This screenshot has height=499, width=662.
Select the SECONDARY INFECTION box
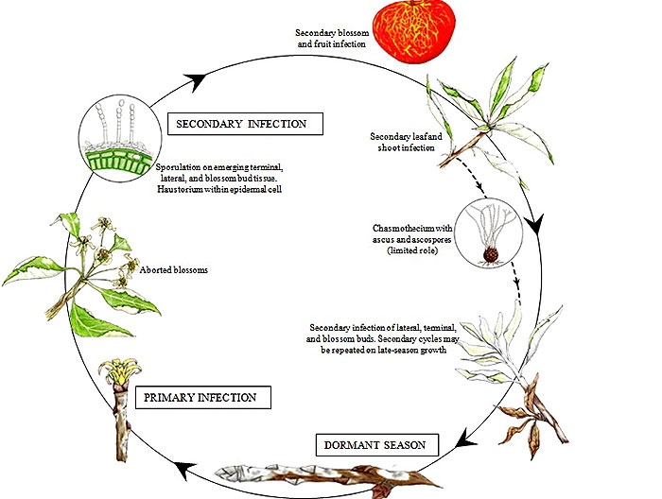tap(244, 123)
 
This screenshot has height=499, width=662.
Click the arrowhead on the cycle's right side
tap(535, 228)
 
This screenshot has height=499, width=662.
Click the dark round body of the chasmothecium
tap(492, 255)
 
